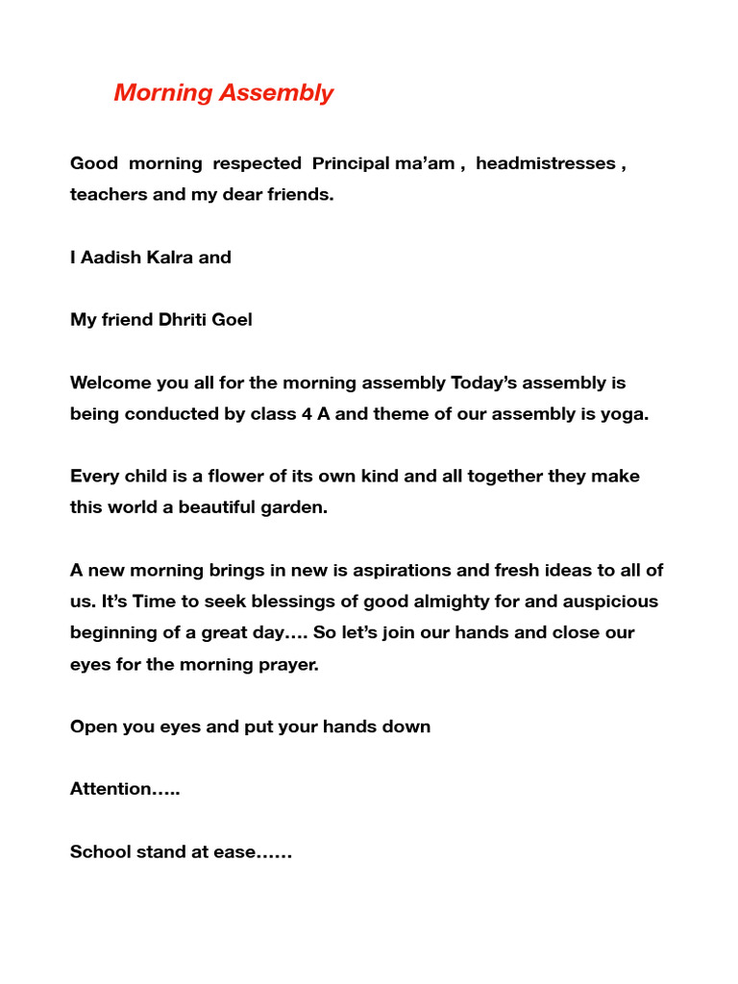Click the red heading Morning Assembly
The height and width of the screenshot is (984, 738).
pos(223,93)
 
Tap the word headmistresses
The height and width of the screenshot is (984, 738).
pos(545,163)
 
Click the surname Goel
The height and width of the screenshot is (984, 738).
pos(232,320)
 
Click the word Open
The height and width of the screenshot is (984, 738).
pos(92,726)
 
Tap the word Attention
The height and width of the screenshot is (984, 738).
pos(111,789)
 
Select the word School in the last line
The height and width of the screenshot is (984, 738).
pos(100,851)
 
